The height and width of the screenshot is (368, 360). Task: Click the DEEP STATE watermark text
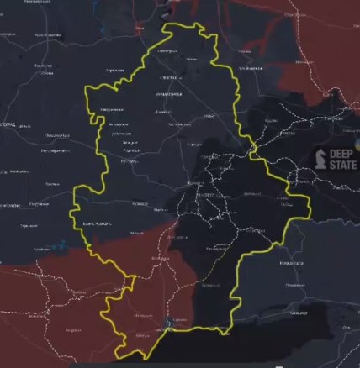[341, 159]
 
